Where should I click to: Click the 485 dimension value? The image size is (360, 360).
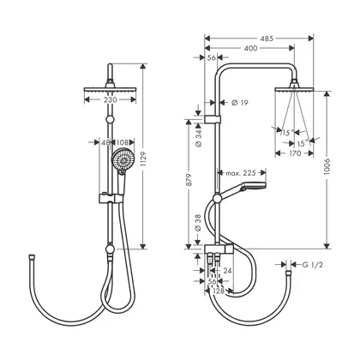(267, 39)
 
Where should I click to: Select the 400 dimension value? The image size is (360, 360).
(250, 48)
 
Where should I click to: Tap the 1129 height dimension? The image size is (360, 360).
(143, 159)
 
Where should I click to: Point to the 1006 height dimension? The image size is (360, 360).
(327, 166)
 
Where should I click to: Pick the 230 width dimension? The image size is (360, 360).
(111, 99)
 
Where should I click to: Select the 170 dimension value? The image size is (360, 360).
(295, 153)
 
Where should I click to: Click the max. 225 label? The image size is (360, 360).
(241, 173)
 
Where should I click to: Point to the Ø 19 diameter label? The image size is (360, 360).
(239, 103)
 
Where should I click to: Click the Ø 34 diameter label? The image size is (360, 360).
(199, 138)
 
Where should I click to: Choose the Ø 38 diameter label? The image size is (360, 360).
(198, 223)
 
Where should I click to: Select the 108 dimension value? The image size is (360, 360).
(122, 142)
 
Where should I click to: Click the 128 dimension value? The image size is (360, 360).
(219, 291)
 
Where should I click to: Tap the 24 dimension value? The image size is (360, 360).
(227, 271)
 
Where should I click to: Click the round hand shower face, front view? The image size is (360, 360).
(123, 160)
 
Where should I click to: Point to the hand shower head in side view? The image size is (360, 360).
(254, 186)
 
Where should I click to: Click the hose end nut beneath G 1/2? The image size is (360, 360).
(288, 273)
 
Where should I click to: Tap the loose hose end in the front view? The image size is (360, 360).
(32, 256)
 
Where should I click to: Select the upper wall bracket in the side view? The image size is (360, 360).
(213, 119)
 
